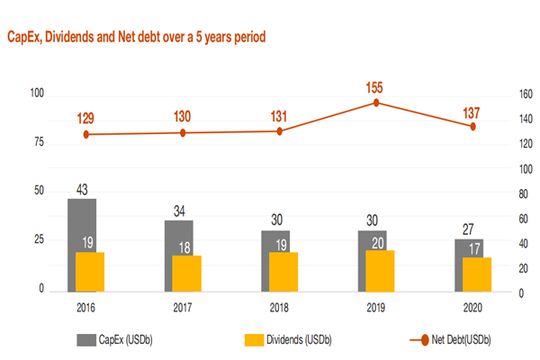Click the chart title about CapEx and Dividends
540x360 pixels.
coord(136,37)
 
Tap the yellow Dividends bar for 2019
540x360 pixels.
coord(379,270)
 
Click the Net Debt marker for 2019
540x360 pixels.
coord(376,103)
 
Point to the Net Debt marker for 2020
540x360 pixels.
coord(472,126)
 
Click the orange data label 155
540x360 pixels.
coord(376,87)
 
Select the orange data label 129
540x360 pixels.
coord(86,118)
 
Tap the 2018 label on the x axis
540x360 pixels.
coord(279,306)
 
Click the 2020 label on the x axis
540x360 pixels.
coord(472,306)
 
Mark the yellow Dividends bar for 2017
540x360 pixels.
coord(185,274)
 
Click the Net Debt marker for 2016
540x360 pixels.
coord(86,134)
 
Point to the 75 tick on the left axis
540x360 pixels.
coord(40,142)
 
